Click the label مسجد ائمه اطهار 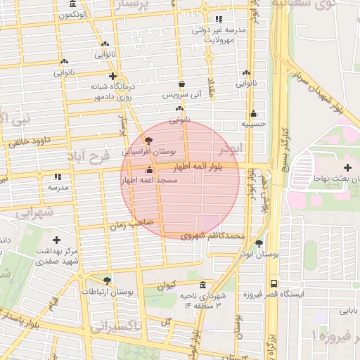click(149, 181)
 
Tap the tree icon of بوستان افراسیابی click(147, 140)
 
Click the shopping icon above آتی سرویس click(181, 84)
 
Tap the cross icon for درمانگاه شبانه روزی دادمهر click(112, 76)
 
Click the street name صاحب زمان click(127, 226)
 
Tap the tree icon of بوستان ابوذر click(259, 243)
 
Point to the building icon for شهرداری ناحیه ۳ click(203, 285)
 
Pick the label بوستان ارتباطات click(107, 290)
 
